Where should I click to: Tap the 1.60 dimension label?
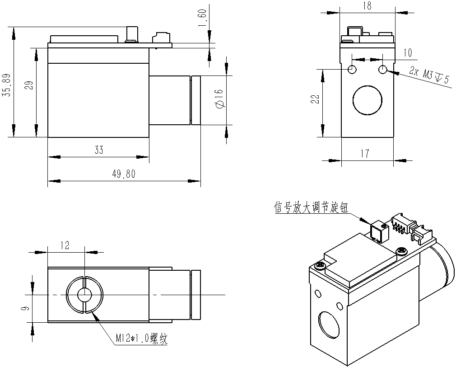click(x=202, y=19)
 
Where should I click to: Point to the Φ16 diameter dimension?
click(x=219, y=98)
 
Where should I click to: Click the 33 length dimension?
click(x=99, y=150)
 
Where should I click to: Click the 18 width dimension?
click(x=367, y=5)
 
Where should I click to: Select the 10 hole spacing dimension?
click(x=407, y=53)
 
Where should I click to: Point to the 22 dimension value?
click(x=316, y=99)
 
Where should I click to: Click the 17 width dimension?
click(x=366, y=154)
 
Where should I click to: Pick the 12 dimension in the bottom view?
click(x=65, y=245)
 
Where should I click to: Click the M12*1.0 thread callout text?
click(x=141, y=339)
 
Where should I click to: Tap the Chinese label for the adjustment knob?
click(x=312, y=208)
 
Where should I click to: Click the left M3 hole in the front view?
click(x=352, y=70)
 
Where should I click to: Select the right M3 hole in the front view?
click(x=383, y=70)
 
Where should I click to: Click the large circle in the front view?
click(x=368, y=100)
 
